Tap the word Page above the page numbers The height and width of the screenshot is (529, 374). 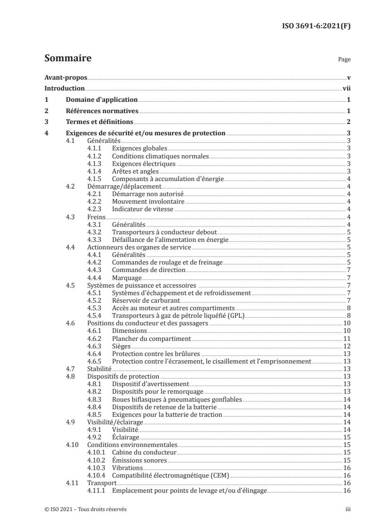344,60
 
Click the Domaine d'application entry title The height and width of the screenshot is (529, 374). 101,100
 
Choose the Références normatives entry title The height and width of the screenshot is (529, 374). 102,111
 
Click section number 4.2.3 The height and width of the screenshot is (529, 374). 96,209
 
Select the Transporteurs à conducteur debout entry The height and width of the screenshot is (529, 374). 164,232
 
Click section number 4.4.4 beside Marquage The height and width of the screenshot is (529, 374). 96,278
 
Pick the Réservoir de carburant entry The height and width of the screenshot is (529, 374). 146,300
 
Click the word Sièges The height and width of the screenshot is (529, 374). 122,346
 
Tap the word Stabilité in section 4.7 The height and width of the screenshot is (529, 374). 100,369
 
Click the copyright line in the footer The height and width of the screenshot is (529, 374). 86,509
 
